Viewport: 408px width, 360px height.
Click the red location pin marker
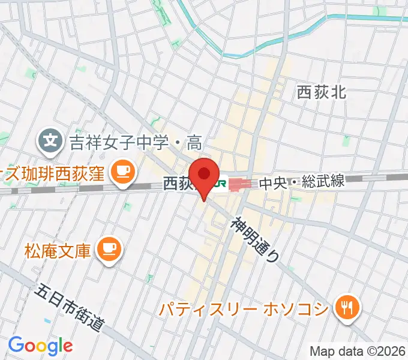[204, 175]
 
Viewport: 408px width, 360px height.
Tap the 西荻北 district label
[322, 92]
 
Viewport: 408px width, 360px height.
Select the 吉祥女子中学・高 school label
[136, 142]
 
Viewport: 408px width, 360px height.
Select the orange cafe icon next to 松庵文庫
[109, 247]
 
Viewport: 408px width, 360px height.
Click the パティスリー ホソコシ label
[244, 309]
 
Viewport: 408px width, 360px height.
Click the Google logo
[40, 346]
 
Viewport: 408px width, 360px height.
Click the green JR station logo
[220, 184]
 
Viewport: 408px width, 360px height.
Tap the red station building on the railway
[241, 184]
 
